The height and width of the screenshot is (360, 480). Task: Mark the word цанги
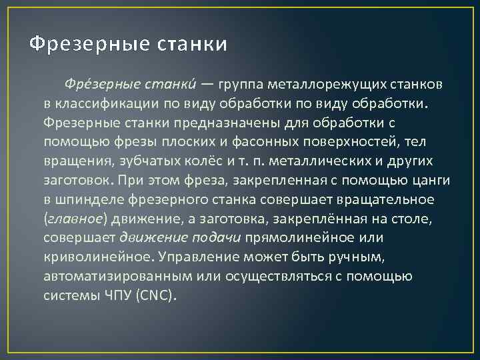432,181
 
